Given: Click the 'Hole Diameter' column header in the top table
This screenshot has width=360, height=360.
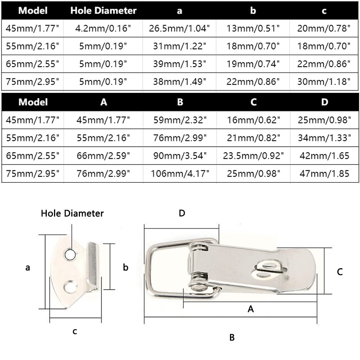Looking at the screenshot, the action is point(103,10).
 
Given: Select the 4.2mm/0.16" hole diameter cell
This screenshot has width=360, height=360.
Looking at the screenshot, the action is point(103,28).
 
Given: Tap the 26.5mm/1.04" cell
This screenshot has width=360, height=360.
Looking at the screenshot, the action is point(179,28).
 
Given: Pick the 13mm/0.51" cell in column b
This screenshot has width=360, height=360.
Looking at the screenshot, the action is point(253,28).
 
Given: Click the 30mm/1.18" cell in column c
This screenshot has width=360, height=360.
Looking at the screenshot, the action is point(324,81).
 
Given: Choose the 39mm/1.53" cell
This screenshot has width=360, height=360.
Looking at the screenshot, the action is point(180,64).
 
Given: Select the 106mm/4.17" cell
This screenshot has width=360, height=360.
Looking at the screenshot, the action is point(180,174).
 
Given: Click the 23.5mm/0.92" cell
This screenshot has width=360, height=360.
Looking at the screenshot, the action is point(253,156).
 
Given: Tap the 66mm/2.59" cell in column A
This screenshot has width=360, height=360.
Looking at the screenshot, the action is point(103,156).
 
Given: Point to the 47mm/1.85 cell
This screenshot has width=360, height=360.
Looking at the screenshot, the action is point(324,174).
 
